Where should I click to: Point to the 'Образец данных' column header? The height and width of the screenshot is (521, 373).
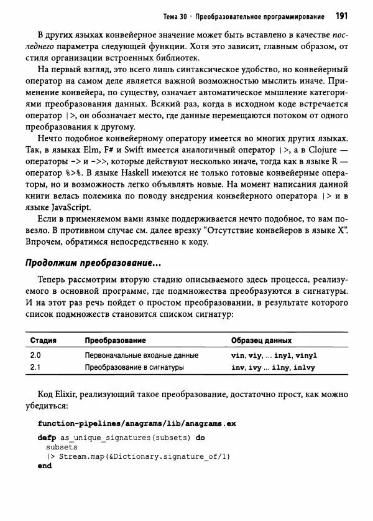(261, 341)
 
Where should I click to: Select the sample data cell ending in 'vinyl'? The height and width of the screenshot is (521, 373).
(274, 355)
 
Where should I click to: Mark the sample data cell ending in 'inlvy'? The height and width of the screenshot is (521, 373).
(273, 367)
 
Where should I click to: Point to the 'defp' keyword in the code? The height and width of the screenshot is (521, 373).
(47, 438)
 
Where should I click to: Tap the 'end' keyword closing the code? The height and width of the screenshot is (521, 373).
(44, 465)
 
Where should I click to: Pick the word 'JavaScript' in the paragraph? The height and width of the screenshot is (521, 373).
(71, 208)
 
